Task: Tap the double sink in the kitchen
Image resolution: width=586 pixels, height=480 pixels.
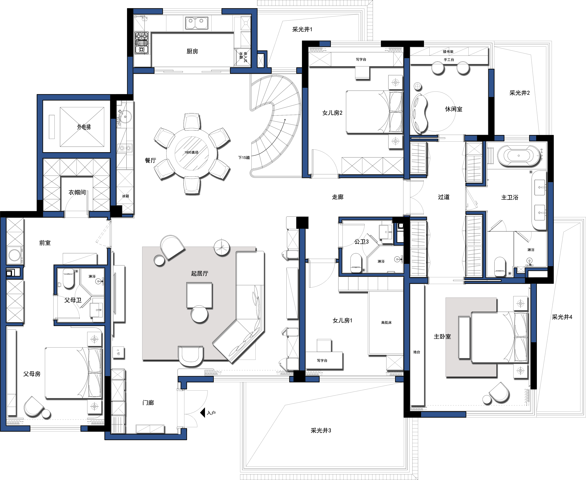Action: (x=197, y=23)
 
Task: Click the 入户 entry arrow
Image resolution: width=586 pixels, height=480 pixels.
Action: (x=203, y=413)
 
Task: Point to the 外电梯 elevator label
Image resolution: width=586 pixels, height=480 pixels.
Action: (x=84, y=127)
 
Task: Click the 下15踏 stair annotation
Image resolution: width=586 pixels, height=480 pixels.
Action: (x=244, y=158)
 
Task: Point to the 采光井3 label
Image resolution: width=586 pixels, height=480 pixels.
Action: (x=321, y=431)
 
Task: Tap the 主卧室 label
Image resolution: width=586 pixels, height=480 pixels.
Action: (x=442, y=336)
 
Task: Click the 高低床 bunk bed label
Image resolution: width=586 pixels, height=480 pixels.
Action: (x=386, y=322)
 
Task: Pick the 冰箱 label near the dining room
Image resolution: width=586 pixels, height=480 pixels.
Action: (x=126, y=196)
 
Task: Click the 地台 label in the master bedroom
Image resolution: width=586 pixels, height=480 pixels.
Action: (x=417, y=352)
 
